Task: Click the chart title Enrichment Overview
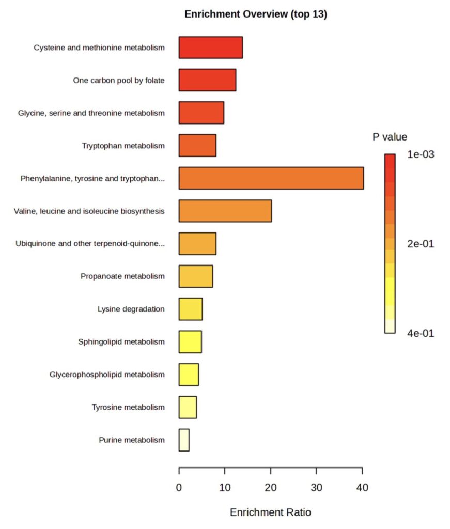[x=256, y=14]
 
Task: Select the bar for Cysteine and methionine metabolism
[x=211, y=48]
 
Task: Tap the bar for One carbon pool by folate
[x=207, y=80]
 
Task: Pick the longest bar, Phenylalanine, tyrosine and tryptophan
[x=271, y=178]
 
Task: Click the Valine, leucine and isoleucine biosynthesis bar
[x=225, y=211]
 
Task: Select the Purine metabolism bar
[x=184, y=440]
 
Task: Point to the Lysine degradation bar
[x=191, y=309]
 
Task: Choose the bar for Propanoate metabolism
[x=196, y=276]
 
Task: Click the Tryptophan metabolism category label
[x=123, y=146]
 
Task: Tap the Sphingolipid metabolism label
[x=121, y=341]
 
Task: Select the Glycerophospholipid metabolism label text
[x=107, y=374]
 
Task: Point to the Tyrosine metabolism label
[x=129, y=407]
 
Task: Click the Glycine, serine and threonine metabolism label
[x=91, y=113]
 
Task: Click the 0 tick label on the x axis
[x=179, y=487]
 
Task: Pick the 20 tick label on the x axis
[x=271, y=487]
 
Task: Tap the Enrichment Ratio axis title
[x=271, y=512]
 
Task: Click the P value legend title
[x=390, y=137]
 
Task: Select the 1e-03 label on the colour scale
[x=421, y=154]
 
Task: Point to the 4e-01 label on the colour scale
[x=421, y=333]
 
